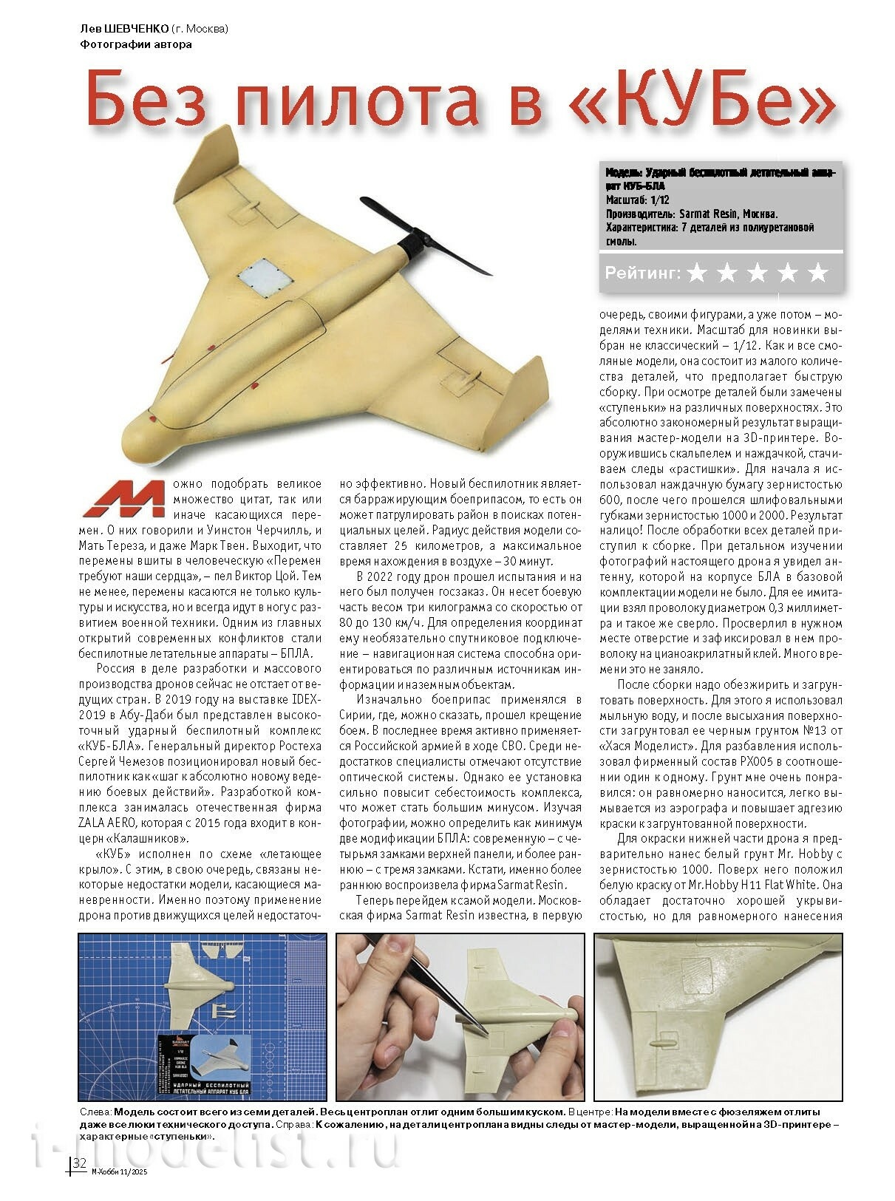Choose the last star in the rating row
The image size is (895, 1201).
817,273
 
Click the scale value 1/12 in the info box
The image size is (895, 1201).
659,200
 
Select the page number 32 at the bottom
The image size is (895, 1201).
80,1183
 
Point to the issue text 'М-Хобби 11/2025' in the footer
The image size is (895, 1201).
117,1188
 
